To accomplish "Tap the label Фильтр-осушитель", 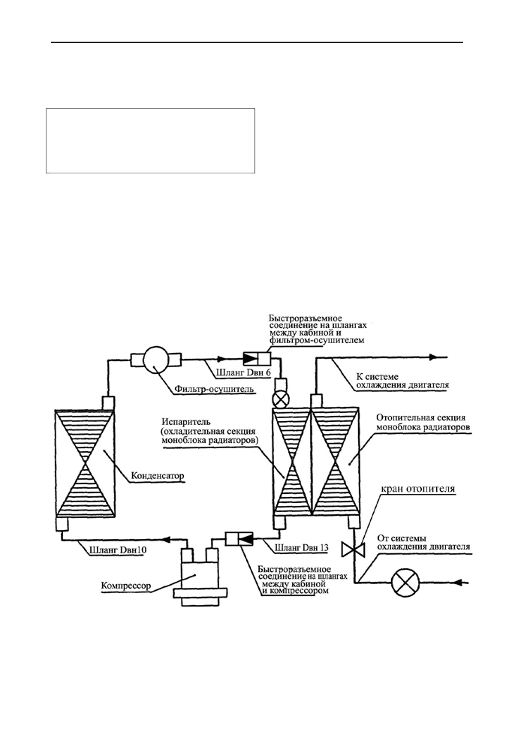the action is [x=213, y=389].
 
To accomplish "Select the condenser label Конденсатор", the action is [x=158, y=477].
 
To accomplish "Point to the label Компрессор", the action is [x=126, y=585].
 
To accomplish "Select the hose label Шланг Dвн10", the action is [x=118, y=550].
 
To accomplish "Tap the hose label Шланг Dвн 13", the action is [x=302, y=547].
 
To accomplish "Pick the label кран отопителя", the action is [x=417, y=489].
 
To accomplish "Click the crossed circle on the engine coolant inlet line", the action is [x=405, y=583].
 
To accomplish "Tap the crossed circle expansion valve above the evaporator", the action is [x=279, y=399].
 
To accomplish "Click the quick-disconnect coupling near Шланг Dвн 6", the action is [x=257, y=358].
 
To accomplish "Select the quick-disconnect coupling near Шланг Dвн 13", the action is [x=239, y=538].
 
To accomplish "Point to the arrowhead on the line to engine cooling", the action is [x=432, y=357].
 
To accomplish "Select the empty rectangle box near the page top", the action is [x=150, y=140].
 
